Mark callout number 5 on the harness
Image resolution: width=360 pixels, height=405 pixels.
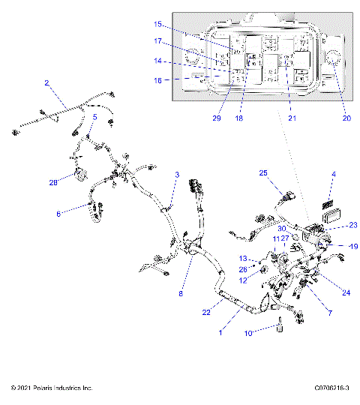pyautogui.click(x=94, y=117)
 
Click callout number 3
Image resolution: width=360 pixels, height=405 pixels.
pyautogui.click(x=177, y=175)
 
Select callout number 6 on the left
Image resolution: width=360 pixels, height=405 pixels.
pyautogui.click(x=58, y=213)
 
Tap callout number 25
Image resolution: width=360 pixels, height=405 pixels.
pyautogui.click(x=263, y=173)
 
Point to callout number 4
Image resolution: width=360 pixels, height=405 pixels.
pyautogui.click(x=334, y=175)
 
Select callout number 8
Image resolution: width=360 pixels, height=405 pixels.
pyautogui.click(x=180, y=294)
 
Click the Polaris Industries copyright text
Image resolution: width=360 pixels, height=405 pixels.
pyautogui.click(x=52, y=388)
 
